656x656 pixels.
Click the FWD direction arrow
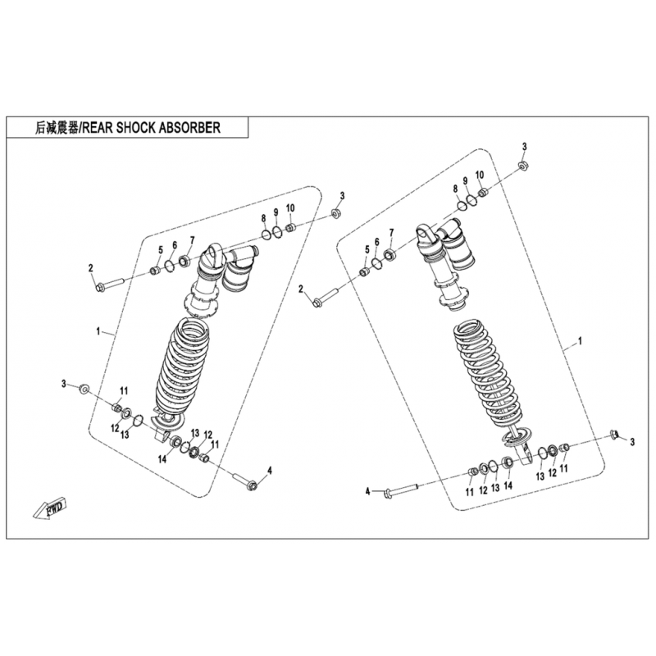coord(49,508)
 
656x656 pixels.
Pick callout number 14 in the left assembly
coord(162,459)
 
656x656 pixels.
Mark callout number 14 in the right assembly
coord(508,485)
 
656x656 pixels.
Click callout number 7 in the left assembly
coord(192,240)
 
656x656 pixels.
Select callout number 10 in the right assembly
coord(480,175)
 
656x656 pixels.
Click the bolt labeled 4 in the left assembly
coord(244,481)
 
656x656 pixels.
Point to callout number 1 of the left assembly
coord(98,332)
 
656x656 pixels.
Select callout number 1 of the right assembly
coord(580,341)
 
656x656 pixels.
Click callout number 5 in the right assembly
coord(367,250)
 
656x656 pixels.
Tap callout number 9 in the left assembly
coord(276,212)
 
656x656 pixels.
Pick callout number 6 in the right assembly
coord(376,242)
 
